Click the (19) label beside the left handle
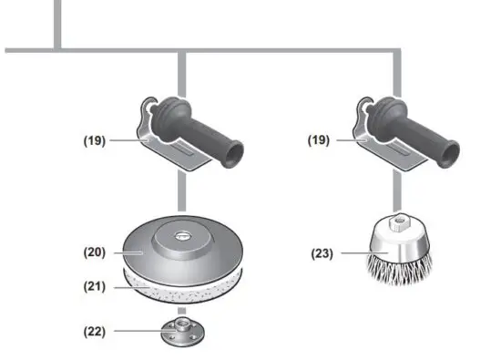[94, 141]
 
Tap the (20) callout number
[94, 252]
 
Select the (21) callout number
[94, 286]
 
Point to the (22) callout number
[94, 330]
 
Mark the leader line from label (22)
[137, 330]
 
